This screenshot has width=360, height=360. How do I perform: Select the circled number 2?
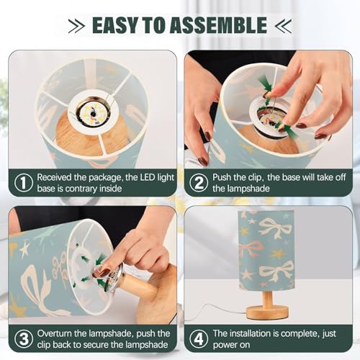click(x=197, y=183)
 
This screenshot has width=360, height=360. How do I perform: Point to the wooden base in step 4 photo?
click(x=266, y=312)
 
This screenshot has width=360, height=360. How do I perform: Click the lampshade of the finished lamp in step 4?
click(x=266, y=248)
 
